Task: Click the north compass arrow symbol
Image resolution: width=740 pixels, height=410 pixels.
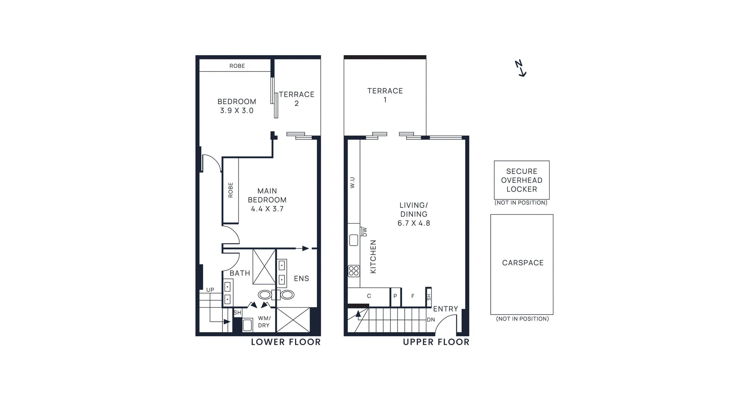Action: tap(521, 69)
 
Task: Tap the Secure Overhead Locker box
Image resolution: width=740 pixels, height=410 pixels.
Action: tap(521, 180)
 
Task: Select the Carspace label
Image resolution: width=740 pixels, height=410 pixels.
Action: tap(523, 263)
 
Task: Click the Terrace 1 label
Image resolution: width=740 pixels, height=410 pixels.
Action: tap(385, 95)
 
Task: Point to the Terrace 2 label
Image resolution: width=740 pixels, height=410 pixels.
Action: tap(296, 99)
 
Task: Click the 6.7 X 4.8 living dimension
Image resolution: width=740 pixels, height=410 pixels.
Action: tap(414, 223)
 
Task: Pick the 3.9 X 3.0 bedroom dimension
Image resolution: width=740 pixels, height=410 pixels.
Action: tap(237, 110)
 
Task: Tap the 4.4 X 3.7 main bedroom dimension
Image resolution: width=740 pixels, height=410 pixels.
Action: tap(267, 209)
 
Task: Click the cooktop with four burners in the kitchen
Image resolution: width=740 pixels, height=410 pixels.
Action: tap(354, 271)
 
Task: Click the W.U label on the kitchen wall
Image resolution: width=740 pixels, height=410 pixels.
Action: tap(352, 182)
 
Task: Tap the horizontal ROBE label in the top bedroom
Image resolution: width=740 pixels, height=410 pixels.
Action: tap(237, 66)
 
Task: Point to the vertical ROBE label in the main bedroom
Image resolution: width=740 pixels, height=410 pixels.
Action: tap(230, 190)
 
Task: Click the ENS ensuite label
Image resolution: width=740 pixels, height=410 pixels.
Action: tap(301, 278)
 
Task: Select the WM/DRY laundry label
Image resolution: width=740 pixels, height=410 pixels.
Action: tap(264, 322)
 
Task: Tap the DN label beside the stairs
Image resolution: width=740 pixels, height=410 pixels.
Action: tap(431, 320)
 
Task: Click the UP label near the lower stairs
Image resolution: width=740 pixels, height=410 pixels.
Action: tap(210, 290)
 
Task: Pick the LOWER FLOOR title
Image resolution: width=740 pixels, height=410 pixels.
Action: tap(286, 342)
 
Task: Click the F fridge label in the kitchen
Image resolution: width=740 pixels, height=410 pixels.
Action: tap(413, 296)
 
